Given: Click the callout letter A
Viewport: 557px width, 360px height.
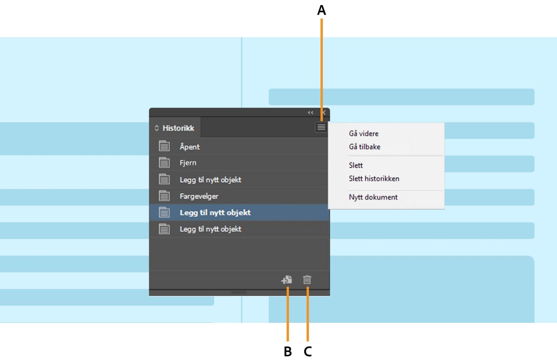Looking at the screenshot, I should pos(321,10).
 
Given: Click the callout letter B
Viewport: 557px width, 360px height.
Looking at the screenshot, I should pos(287,351).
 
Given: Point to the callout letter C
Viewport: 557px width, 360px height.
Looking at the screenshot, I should pos(308,351).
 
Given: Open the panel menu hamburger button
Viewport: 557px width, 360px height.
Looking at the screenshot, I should pos(321,127).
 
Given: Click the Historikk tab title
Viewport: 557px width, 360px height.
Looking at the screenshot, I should pos(178,128).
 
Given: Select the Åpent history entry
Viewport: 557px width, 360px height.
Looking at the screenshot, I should pos(189,147).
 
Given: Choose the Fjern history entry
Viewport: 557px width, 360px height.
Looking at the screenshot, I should pos(188,163).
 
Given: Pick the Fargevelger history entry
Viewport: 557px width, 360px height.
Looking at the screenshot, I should pos(199,196).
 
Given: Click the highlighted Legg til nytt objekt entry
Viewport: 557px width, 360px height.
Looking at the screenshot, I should pos(215,213).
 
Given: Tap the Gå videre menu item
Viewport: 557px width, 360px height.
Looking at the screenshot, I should pos(364,134).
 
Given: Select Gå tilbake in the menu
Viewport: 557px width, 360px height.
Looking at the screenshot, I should pos(365,147).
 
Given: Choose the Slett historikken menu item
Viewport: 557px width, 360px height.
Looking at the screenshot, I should pos(374,179).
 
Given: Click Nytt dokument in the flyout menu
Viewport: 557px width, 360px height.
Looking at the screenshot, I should pos(373,197).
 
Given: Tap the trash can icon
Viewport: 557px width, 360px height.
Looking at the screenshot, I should pos(307,280).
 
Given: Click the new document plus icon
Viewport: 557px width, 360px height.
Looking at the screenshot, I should pos(287,280).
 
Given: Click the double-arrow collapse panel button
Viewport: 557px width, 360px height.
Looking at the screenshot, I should pos(310,113).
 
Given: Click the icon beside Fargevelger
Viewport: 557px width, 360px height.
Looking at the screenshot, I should pos(164,196).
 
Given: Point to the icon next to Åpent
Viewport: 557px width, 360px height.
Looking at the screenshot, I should pos(164,146).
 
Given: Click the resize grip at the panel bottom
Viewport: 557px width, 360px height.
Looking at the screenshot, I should pos(239,292).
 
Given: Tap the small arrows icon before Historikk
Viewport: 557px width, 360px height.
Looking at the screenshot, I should pos(157,128).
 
